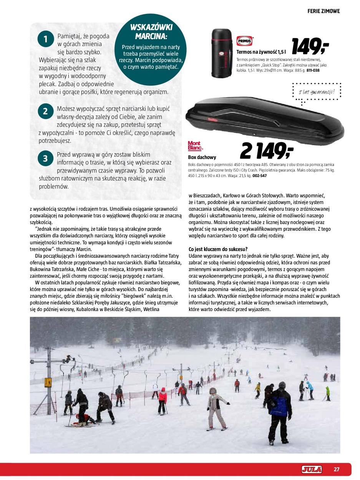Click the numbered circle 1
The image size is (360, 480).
[x=45, y=39]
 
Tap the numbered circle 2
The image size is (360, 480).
[x=45, y=111]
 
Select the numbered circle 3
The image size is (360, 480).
[x=45, y=158]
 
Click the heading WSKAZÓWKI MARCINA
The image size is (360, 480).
[x=151, y=32]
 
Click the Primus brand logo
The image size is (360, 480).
[x=244, y=41]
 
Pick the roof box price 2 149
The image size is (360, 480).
[x=267, y=151]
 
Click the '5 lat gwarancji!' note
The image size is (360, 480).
[x=316, y=92]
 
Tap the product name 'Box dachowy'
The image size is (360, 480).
[x=202, y=157]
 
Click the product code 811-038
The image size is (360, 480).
[x=313, y=71]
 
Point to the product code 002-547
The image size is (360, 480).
[x=259, y=176]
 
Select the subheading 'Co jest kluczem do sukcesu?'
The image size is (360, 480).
[x=218, y=249]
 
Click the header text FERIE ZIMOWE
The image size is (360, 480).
[x=324, y=11]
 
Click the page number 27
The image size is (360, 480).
[x=337, y=469]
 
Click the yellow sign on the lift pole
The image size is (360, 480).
[x=48, y=382]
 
